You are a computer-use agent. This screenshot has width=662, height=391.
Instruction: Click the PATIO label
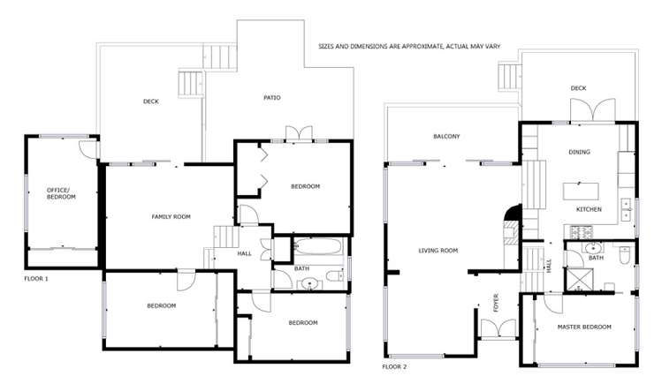(272, 97)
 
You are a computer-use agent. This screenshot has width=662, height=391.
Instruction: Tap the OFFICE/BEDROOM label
(61, 193)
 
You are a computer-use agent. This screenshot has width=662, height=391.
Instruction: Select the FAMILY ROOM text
(171, 216)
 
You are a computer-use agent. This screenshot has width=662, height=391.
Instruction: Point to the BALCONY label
(446, 136)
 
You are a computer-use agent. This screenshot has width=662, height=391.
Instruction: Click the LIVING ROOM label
(438, 251)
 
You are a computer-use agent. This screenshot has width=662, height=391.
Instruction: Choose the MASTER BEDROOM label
(583, 327)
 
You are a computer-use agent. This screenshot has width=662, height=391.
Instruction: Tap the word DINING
(580, 152)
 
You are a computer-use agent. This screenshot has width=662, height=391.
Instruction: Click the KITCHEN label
(589, 209)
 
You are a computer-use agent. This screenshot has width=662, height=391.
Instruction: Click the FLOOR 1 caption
(36, 278)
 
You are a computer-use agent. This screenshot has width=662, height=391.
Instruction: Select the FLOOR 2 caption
(394, 365)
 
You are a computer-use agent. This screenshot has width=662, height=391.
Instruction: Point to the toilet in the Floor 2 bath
(624, 257)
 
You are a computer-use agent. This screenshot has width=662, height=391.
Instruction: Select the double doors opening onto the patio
(299, 134)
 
